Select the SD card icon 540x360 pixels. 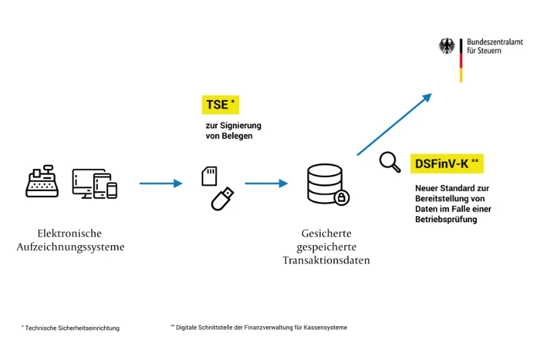pos(209,176)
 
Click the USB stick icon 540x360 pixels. pos(223,199)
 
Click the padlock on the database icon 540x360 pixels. pos(342,197)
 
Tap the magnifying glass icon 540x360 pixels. pos(389,161)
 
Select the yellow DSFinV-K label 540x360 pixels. pos(447,163)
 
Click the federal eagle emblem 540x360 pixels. pos(447,46)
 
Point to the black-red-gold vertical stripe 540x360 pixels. pos(461,60)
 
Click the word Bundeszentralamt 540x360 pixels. pos(495,42)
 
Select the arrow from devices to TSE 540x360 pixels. pos(161,183)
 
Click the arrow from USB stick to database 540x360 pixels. pos(266,183)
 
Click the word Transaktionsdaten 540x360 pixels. pos(326,261)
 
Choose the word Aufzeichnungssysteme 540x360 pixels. pos(70,247)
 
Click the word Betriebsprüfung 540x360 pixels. pos(446,220)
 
